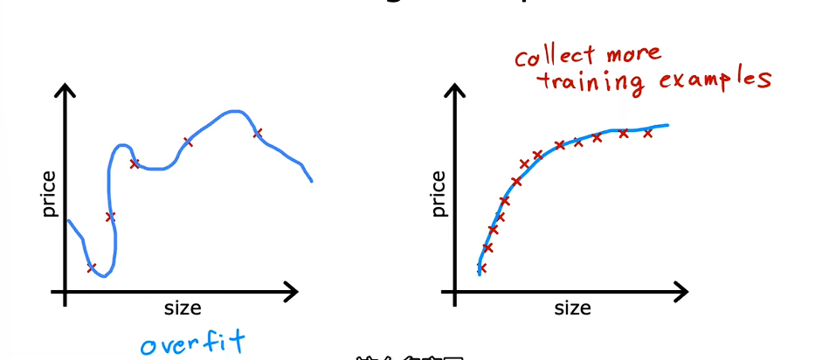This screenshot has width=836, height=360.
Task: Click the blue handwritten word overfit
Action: pos(193,340)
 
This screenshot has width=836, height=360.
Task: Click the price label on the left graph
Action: pos(48,194)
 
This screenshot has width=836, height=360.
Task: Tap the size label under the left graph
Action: pos(183,308)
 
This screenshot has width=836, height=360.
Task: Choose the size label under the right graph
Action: pos(572,308)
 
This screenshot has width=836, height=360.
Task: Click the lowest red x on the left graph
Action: pos(92,267)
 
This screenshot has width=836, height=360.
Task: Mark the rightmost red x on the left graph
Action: pos(258,133)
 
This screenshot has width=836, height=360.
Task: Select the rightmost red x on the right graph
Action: pos(648,133)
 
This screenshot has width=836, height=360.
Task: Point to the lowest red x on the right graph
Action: pos(481,268)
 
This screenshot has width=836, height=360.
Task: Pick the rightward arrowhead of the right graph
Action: pos(683,290)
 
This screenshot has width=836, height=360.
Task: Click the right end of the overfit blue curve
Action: pos(311,181)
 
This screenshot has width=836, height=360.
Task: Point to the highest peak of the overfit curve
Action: pos(232,112)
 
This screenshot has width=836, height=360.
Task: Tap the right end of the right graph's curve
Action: pos(667,125)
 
